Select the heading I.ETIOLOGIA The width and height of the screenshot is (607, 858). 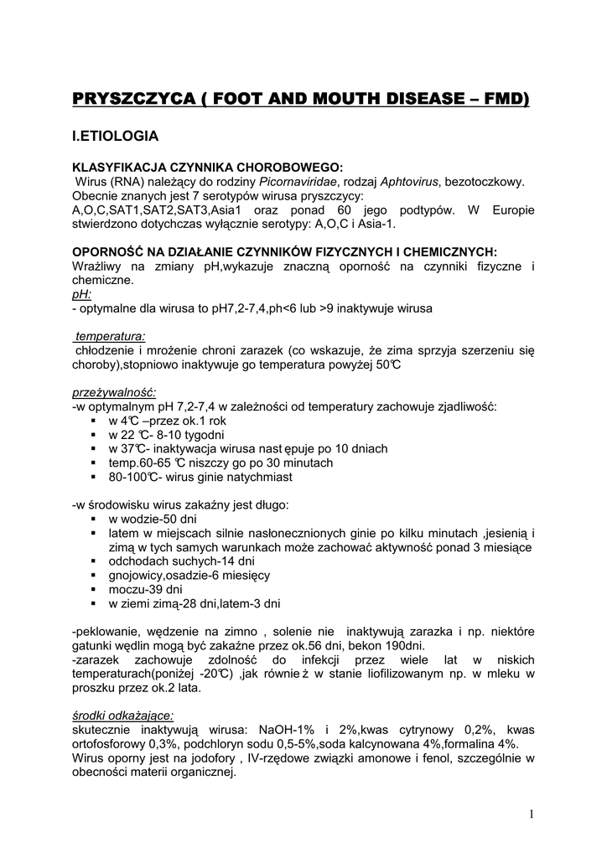click(x=113, y=134)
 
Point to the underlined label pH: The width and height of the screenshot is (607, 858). click(x=82, y=295)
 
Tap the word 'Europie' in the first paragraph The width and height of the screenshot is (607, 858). click(x=511, y=209)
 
